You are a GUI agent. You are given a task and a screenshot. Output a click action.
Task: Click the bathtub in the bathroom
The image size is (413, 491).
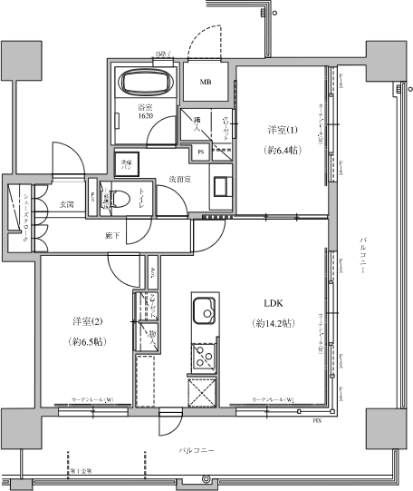click(x=144, y=84)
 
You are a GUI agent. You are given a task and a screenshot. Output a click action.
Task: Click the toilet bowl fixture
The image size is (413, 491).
click(x=122, y=198)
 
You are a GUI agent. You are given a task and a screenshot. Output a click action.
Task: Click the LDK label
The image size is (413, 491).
click(x=274, y=303)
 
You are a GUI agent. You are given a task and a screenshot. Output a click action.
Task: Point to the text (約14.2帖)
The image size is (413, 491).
click(x=274, y=324)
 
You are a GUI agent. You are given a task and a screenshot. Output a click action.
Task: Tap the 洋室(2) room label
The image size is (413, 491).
click(x=87, y=320)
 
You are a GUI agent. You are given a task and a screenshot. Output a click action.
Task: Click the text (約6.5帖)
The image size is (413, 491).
click(x=87, y=342)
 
